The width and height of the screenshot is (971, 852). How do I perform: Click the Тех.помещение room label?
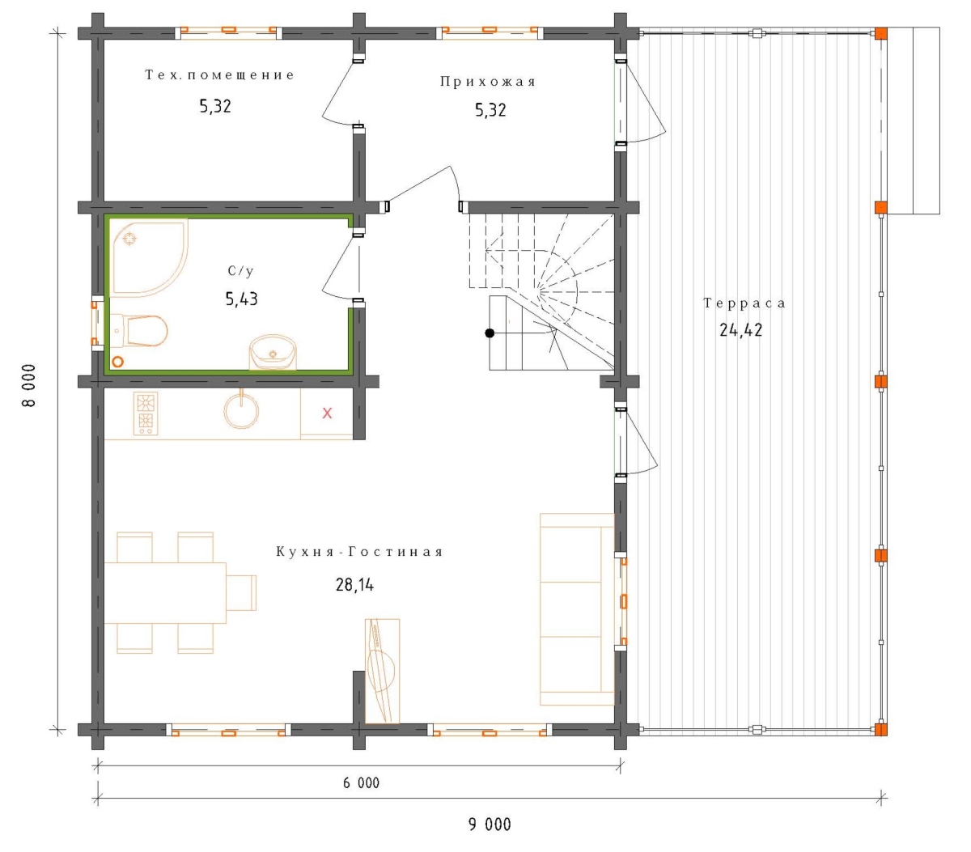click(x=219, y=74)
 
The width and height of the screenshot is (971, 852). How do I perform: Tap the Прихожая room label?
click(x=487, y=82)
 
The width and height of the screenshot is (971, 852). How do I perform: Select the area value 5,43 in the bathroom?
click(x=242, y=299)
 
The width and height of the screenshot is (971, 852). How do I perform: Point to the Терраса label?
click(x=744, y=303)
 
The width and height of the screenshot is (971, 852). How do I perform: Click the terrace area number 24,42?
click(x=740, y=329)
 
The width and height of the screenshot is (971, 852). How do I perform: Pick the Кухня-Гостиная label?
click(x=359, y=552)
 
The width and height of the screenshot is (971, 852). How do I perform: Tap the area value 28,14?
click(x=354, y=585)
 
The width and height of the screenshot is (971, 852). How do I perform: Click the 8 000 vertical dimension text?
click(x=29, y=386)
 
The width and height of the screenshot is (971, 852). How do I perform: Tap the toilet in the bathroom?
click(x=139, y=331)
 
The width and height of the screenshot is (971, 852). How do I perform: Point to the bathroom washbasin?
click(x=273, y=352)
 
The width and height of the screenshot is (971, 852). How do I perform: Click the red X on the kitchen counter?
click(x=327, y=413)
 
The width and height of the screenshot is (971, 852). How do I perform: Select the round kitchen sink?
click(x=241, y=410)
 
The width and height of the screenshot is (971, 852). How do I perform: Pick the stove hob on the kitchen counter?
click(x=145, y=413)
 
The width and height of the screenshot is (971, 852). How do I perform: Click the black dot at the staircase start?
click(x=490, y=333)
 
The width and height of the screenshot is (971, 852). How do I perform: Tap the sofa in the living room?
click(x=577, y=609)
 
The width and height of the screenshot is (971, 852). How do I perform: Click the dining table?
click(x=165, y=593)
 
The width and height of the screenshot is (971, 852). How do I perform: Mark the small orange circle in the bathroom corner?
click(x=117, y=362)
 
